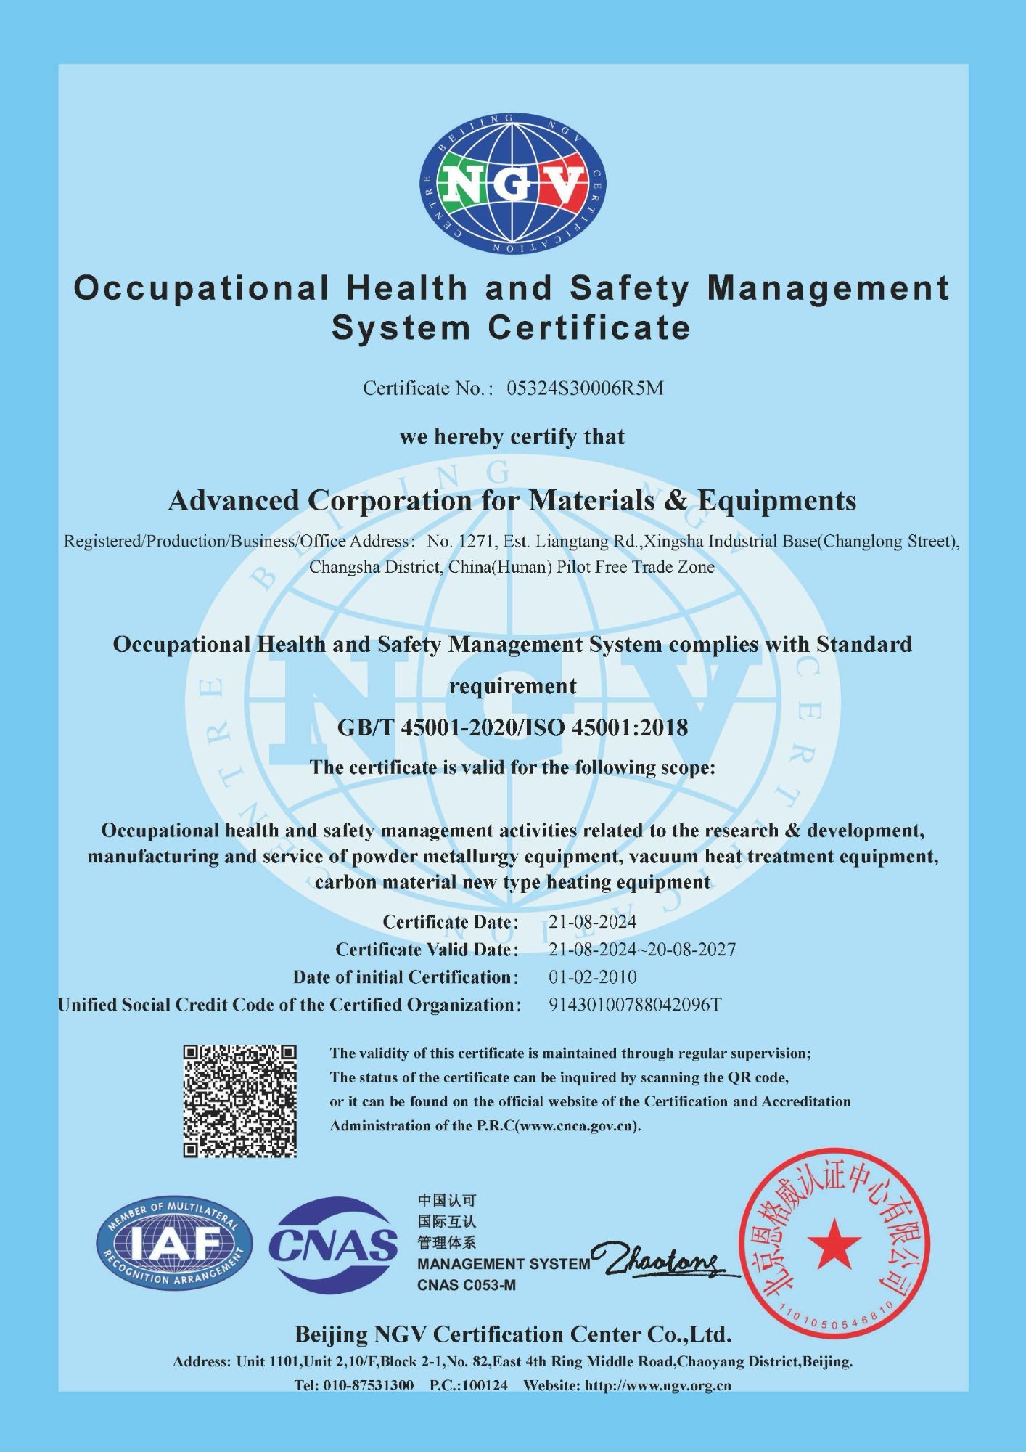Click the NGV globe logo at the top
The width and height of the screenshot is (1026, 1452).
513,184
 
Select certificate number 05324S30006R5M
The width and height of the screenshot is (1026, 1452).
584,388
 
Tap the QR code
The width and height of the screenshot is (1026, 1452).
239,1101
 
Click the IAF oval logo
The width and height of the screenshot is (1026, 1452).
174,1244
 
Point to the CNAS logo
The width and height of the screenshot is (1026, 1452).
333,1245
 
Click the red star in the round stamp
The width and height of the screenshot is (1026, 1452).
834,1244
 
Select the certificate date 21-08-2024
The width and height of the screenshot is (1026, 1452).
592,922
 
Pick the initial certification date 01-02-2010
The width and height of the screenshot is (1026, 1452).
592,977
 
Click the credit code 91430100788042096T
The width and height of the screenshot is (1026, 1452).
635,1005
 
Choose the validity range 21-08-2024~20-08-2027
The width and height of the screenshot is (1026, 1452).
641,950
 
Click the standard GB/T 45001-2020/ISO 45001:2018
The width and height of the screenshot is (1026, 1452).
512,727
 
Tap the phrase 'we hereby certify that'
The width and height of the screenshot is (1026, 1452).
512,437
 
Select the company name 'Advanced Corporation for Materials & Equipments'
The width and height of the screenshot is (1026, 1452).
512,501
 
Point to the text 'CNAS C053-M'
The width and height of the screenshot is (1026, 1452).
467,1285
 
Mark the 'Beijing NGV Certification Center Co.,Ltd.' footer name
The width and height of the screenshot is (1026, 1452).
512,1334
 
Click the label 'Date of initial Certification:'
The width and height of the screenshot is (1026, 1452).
406,977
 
